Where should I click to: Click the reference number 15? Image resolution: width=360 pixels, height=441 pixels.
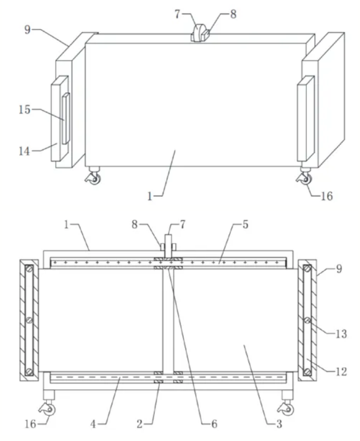24,110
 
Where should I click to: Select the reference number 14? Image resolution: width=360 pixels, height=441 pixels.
23,150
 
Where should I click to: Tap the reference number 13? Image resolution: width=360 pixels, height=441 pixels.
340,334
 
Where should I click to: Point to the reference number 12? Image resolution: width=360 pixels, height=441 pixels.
340,371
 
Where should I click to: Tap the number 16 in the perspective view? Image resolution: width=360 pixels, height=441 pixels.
326,196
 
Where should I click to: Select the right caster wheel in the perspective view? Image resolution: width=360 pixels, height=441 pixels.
305,178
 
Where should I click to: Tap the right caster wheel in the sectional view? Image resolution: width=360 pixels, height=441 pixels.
288,409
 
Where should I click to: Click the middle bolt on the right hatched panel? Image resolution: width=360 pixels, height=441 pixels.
307,320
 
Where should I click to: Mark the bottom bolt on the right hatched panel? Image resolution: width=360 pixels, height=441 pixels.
307,371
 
